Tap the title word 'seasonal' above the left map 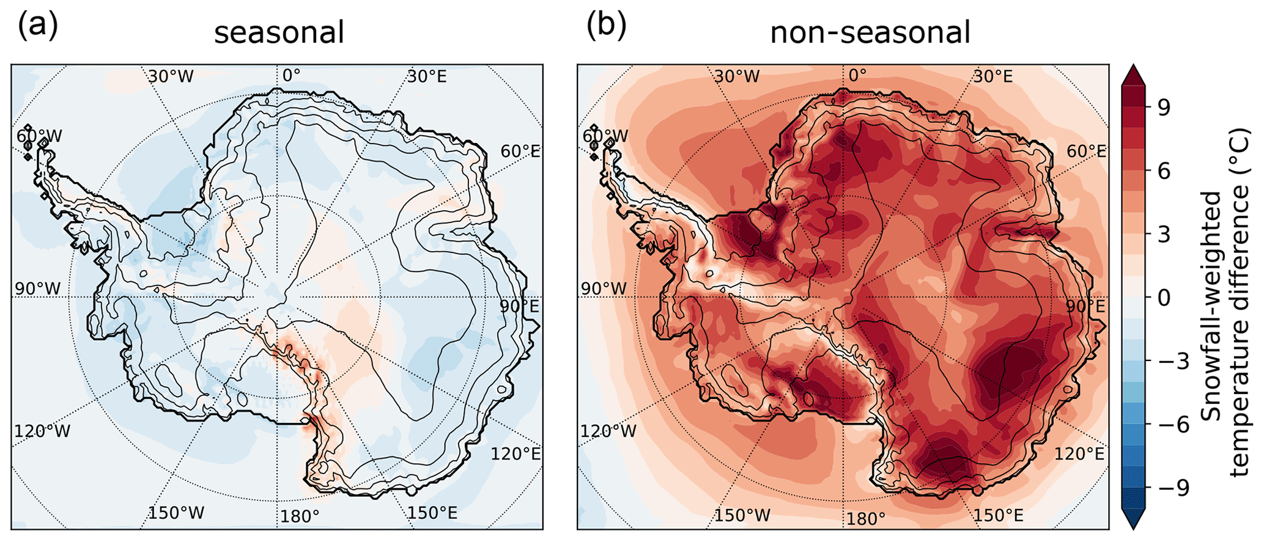click(x=279, y=32)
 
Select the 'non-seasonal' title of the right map click(x=870, y=32)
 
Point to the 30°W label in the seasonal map click(x=171, y=76)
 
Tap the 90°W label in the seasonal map click(x=38, y=288)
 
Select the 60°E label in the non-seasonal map click(x=1085, y=151)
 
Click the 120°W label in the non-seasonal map click(x=608, y=431)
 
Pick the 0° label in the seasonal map click(x=291, y=75)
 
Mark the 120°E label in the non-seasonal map click(x=1079, y=453)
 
